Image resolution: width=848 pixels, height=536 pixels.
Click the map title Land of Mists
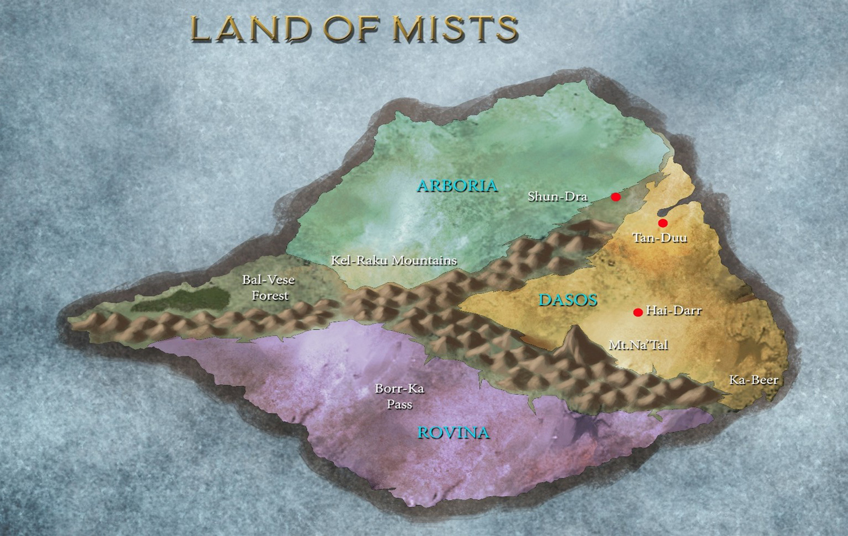pyautogui.click(x=354, y=29)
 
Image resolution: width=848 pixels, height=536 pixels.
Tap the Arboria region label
pyautogui.click(x=457, y=185)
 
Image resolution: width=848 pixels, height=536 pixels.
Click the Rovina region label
pyautogui.click(x=453, y=432)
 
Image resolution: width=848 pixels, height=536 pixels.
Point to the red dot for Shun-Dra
pyautogui.click(x=616, y=197)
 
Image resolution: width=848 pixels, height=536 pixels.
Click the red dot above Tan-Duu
pyautogui.click(x=663, y=223)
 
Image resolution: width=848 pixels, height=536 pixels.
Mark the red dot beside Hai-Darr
pyautogui.click(x=638, y=312)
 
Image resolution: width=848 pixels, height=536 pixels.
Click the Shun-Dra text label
pyautogui.click(x=557, y=197)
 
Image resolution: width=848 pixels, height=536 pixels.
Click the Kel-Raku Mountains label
pyautogui.click(x=393, y=261)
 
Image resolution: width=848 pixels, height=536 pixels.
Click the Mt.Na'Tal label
pyautogui.click(x=638, y=345)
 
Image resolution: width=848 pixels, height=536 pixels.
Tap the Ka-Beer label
pyautogui.click(x=753, y=380)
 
